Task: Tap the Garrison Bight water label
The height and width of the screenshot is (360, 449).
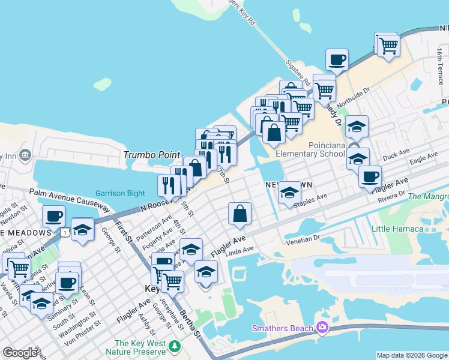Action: pyautogui.click(x=120, y=193)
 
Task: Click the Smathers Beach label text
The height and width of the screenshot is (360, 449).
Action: pyautogui.click(x=282, y=328)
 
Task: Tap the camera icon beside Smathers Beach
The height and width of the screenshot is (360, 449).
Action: pyautogui.click(x=322, y=327)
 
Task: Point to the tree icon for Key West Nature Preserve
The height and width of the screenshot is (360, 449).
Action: pyautogui.click(x=175, y=346)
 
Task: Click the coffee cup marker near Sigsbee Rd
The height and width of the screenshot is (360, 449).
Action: pyautogui.click(x=337, y=61)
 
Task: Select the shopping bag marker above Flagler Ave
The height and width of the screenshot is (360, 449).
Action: pyautogui.click(x=240, y=214)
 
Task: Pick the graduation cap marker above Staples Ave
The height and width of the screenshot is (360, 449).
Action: pyautogui.click(x=289, y=193)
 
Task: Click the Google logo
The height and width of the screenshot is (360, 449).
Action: pyautogui.click(x=20, y=353)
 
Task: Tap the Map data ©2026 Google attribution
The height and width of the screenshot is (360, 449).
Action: pyautogui.click(x=412, y=355)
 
